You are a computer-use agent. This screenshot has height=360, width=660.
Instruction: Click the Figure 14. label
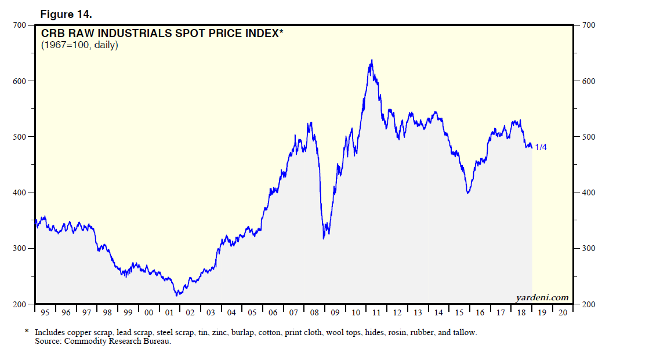pos(66,14)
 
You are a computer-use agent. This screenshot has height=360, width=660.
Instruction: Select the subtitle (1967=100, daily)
pos(79,45)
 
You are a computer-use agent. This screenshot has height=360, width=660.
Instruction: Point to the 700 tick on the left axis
pos(19,25)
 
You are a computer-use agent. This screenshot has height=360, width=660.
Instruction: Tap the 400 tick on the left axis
pos(19,192)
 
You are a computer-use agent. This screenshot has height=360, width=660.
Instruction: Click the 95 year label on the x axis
pos(45,313)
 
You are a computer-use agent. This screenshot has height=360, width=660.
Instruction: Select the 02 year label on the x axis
pos(190,313)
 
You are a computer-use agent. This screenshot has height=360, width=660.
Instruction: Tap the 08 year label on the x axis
pos(314,313)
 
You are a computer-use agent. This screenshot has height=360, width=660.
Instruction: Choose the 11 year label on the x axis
pos(376,313)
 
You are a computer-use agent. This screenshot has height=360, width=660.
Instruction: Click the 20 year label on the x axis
pos(562,313)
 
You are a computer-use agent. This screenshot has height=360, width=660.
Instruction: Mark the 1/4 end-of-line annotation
pos(541,147)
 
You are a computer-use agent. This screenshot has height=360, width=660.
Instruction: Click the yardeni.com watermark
pos(542,298)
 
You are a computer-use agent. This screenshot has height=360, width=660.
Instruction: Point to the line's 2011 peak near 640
pos(371,60)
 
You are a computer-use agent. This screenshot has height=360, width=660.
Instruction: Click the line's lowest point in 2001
pos(177,295)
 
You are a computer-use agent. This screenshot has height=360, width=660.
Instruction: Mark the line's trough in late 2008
pos(324,238)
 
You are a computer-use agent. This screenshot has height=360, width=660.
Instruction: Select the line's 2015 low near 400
pos(467,192)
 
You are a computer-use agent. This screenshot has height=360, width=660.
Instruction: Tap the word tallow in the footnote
pos(465,332)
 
